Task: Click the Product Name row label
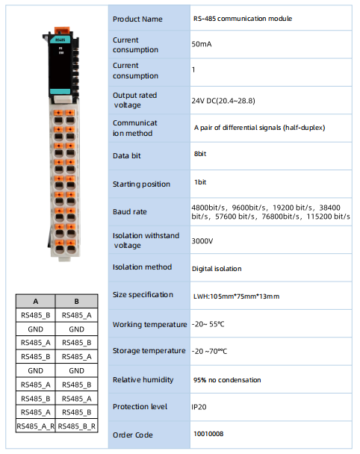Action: click(137, 19)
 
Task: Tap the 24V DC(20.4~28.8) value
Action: click(223, 101)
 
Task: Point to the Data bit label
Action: click(126, 156)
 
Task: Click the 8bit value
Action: click(200, 154)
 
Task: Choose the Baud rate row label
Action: click(130, 211)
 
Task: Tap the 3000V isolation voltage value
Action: click(202, 241)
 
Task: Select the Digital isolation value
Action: click(217, 269)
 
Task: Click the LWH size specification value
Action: click(236, 296)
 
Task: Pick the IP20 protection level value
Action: click(199, 407)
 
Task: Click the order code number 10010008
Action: click(208, 434)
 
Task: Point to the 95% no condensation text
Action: click(227, 380)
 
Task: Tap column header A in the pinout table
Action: click(36, 302)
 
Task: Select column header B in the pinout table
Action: click(76, 302)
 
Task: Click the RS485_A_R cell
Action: click(36, 426)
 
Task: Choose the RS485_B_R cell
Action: click(76, 426)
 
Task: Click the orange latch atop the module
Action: click(62, 30)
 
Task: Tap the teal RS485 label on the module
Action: click(60, 40)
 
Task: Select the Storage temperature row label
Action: click(149, 351)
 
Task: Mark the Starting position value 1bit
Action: click(200, 182)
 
